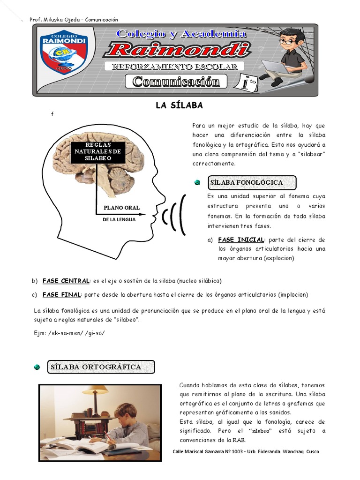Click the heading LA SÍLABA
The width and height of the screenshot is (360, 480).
(180, 105)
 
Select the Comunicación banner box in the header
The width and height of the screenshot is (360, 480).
(176, 82)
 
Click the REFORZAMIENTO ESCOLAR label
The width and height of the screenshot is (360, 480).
(178, 67)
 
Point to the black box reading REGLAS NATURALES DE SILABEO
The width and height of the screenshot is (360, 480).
(98, 152)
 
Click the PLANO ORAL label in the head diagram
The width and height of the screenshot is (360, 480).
(121, 208)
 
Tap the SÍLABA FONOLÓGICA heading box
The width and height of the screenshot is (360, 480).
(253, 182)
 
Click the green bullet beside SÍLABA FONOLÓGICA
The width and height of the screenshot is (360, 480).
(197, 182)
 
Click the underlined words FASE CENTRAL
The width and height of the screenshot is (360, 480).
(66, 281)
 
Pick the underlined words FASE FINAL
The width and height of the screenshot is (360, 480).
(62, 295)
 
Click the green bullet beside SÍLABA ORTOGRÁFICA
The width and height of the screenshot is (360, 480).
(37, 367)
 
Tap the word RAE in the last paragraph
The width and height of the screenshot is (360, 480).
(239, 440)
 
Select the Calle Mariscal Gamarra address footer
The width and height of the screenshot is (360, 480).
(246, 451)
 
